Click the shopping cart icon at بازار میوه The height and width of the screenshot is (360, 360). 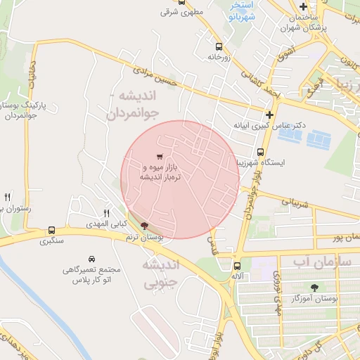click(x=160, y=156)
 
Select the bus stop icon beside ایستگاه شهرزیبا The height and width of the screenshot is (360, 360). click(x=260, y=152)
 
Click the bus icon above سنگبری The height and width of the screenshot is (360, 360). click(x=51, y=231)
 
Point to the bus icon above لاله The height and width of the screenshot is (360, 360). click(x=237, y=266)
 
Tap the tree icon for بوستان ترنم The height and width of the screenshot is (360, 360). click(x=145, y=226)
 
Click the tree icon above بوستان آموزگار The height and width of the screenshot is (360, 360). click(x=314, y=287)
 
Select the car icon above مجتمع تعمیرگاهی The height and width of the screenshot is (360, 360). click(x=91, y=259)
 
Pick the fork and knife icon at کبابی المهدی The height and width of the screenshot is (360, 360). click(x=108, y=212)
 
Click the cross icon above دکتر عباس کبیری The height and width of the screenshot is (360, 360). click(x=269, y=115)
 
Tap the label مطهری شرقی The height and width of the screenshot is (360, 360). click(x=176, y=13)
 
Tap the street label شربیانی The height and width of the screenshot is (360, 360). click(x=295, y=204)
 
